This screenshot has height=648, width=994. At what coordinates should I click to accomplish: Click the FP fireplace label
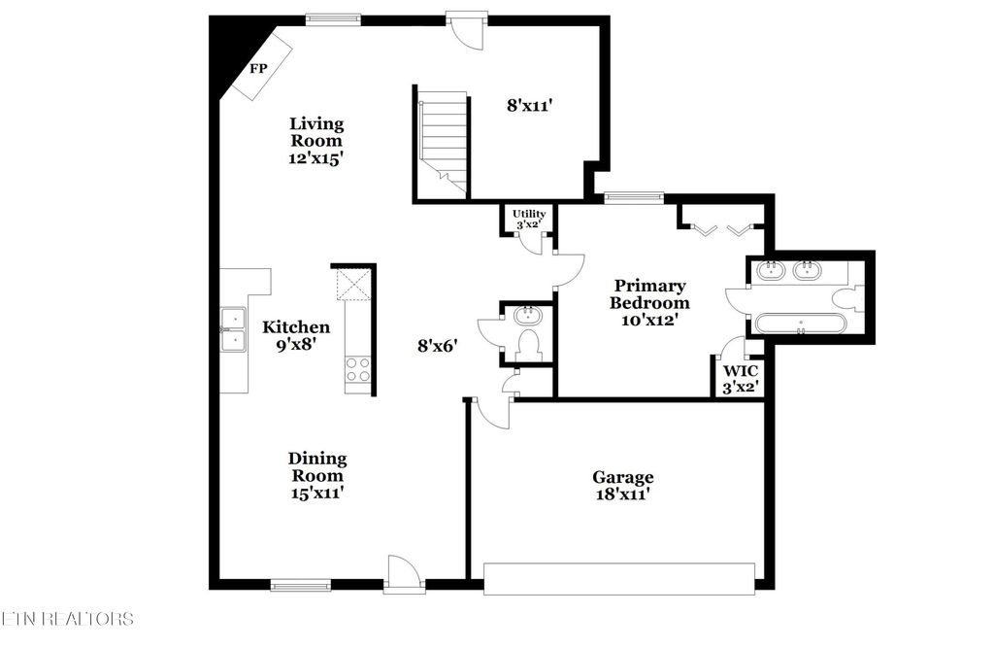pos(258,69)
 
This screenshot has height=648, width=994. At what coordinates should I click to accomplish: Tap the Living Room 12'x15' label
pos(317,141)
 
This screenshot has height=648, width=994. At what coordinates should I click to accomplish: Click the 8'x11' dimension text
pos(529,105)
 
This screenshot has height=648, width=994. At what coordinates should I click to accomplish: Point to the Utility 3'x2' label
pos(529,219)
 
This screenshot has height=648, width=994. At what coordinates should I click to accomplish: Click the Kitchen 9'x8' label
pos(296,335)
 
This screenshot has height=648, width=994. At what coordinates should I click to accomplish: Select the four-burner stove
pos(357,371)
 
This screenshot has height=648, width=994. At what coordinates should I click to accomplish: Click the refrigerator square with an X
pos(350,286)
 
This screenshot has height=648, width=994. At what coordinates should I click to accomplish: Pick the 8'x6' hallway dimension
pos(437,343)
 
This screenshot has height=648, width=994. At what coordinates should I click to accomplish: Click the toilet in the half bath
pos(530,344)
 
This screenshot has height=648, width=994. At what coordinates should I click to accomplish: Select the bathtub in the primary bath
pos(800,324)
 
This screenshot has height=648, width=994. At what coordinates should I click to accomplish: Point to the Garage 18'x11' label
pos(622,486)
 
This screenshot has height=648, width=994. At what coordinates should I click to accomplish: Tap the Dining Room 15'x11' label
pos(317,475)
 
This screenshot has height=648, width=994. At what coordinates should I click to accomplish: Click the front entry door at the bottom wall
pos(403,575)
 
